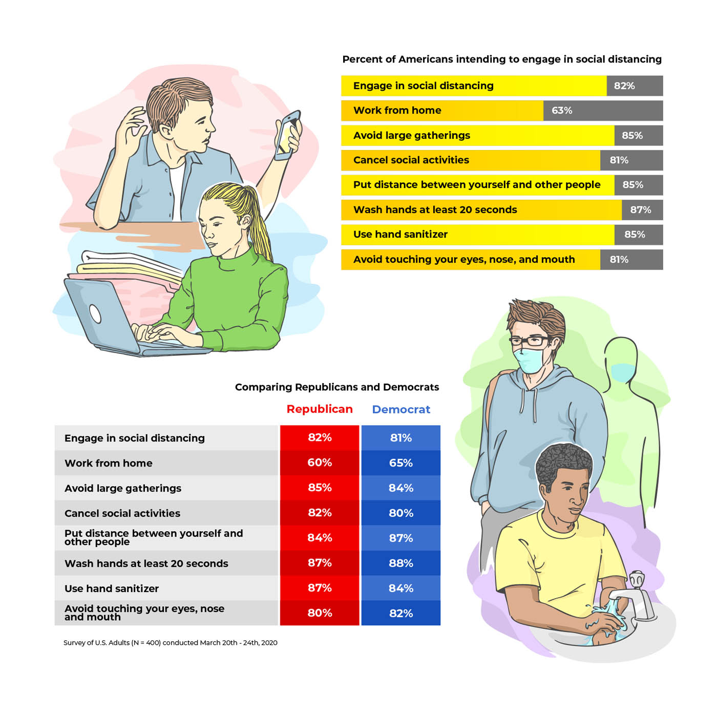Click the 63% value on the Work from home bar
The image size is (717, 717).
[x=561, y=111]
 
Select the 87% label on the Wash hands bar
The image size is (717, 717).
[x=640, y=210]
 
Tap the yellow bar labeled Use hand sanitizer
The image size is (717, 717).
[x=477, y=235]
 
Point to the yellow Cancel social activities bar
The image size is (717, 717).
[x=470, y=160]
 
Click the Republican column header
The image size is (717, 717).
[x=319, y=409]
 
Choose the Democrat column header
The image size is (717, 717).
[x=400, y=409]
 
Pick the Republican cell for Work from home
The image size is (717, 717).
[x=319, y=462]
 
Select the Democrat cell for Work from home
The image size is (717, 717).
[x=400, y=462]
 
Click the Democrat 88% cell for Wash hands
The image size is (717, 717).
[x=400, y=563]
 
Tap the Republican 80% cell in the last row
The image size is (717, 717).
[x=319, y=613]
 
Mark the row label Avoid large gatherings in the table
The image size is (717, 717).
[x=123, y=488]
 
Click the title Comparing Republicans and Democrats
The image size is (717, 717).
[x=336, y=387]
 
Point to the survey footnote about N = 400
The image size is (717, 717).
[x=171, y=643]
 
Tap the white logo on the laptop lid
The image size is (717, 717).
[x=95, y=314]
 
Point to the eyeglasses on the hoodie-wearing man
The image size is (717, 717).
[x=530, y=341]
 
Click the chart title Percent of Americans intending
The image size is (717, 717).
[x=502, y=59]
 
